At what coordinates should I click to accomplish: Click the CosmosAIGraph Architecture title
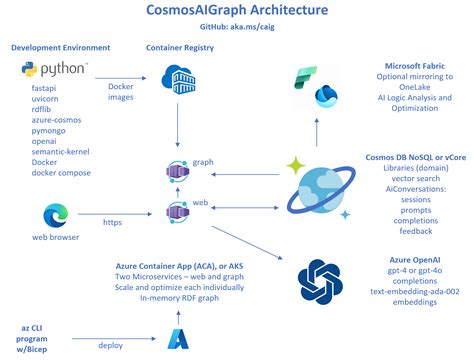237,11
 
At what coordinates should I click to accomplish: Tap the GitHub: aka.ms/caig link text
237,29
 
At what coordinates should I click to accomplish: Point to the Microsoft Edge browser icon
56,215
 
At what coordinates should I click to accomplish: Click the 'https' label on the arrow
113,222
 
